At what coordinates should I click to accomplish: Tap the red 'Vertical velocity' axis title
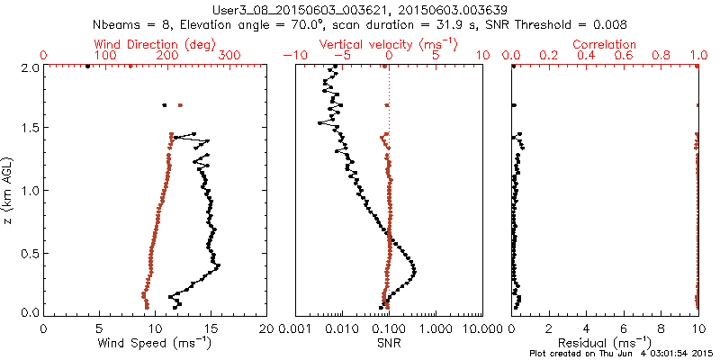389,43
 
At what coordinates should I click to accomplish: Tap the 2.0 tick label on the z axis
31,67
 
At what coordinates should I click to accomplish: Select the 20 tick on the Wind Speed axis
266,328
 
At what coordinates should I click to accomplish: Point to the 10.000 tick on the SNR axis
480,328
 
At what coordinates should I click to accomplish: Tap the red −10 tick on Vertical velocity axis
292,56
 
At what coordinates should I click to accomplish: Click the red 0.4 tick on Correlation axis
587,56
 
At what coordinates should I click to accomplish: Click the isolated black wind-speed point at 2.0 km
87,66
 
